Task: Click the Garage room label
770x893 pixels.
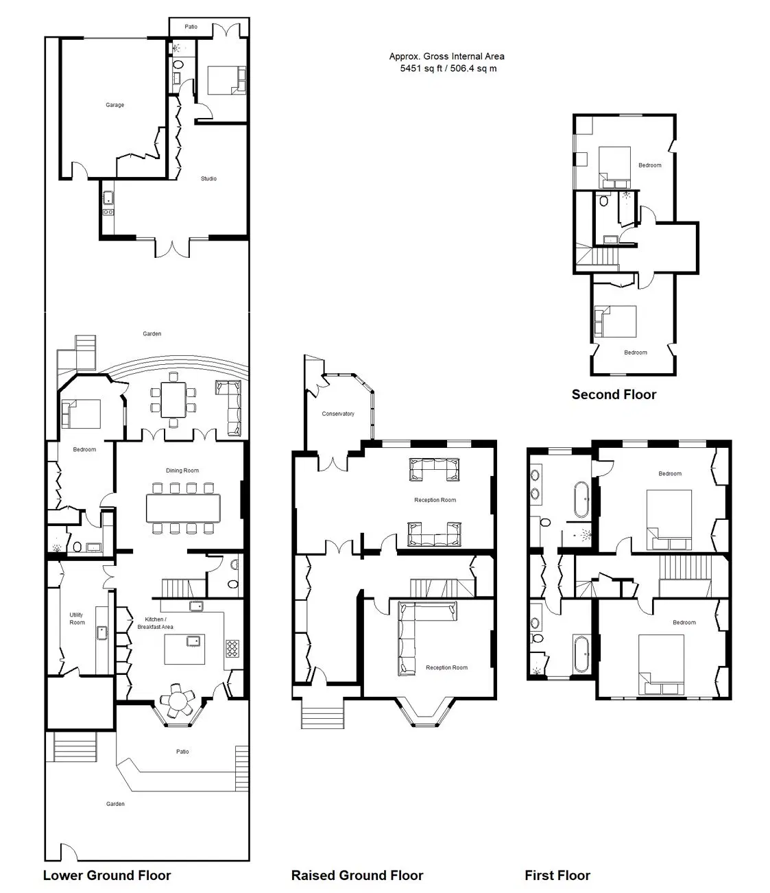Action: click(115, 105)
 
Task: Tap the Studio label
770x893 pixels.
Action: click(208, 178)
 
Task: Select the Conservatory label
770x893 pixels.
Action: click(338, 414)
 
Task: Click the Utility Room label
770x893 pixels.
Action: click(77, 618)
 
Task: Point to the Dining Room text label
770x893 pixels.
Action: click(182, 470)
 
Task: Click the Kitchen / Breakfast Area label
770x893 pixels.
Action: click(155, 623)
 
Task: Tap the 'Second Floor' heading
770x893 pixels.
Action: click(614, 394)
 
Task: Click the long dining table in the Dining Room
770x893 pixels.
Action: click(183, 508)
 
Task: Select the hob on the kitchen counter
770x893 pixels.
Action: click(232, 648)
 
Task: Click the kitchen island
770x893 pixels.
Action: click(184, 650)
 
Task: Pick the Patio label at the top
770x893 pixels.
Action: click(191, 27)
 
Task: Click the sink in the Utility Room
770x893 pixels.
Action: click(102, 632)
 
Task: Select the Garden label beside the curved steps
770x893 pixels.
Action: click(152, 333)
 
